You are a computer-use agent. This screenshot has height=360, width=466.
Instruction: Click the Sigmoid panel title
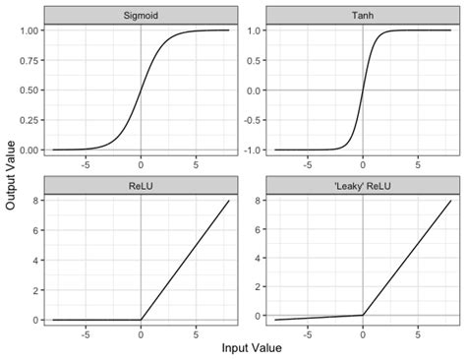click(x=141, y=17)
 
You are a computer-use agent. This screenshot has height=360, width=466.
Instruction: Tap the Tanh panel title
click(x=363, y=17)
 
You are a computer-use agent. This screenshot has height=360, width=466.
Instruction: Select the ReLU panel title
click(x=141, y=184)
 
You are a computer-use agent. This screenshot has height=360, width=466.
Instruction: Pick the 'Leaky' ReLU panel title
click(x=363, y=184)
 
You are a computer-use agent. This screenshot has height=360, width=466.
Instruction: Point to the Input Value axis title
click(x=252, y=348)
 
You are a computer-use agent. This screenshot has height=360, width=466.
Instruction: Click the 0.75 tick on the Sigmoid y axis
click(x=29, y=60)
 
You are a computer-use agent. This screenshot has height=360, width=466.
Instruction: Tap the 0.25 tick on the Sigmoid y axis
click(x=29, y=120)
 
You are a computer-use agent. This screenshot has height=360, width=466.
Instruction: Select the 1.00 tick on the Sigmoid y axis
click(x=29, y=30)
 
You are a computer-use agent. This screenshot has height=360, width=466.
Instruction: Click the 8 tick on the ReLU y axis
click(x=36, y=201)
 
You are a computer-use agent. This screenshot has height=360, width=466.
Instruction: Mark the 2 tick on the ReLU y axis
click(x=36, y=290)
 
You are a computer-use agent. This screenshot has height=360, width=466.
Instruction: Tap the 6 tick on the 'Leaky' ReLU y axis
click(x=258, y=229)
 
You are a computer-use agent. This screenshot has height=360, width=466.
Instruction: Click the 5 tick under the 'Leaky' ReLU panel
click(x=418, y=334)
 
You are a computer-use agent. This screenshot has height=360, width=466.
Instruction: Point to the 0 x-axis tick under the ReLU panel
click(x=141, y=334)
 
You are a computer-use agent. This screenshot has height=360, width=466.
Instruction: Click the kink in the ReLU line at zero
click(x=141, y=320)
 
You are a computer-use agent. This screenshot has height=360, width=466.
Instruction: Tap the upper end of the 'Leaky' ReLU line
click(x=451, y=201)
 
